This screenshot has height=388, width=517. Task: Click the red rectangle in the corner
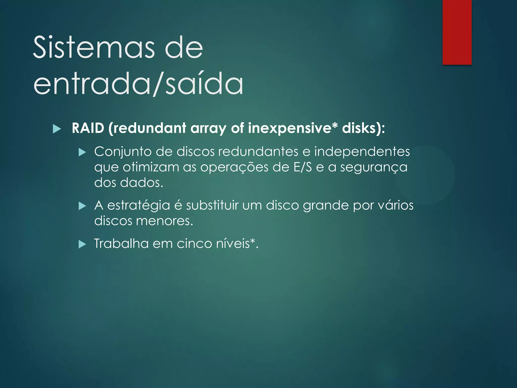(x=457, y=32)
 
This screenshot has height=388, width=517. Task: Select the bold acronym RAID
(x=88, y=128)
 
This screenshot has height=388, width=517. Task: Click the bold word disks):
(x=364, y=128)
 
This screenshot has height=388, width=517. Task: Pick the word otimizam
(x=151, y=167)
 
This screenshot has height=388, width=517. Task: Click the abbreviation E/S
(x=303, y=167)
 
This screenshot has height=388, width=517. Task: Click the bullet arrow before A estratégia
(x=82, y=206)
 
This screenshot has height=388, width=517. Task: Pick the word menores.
(x=164, y=221)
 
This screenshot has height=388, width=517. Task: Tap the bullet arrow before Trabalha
(x=82, y=244)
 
